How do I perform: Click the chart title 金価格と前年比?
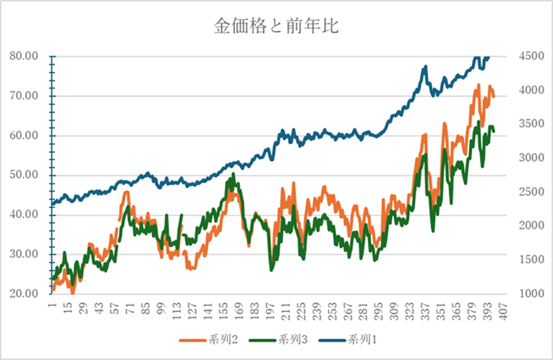[x=276, y=27]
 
